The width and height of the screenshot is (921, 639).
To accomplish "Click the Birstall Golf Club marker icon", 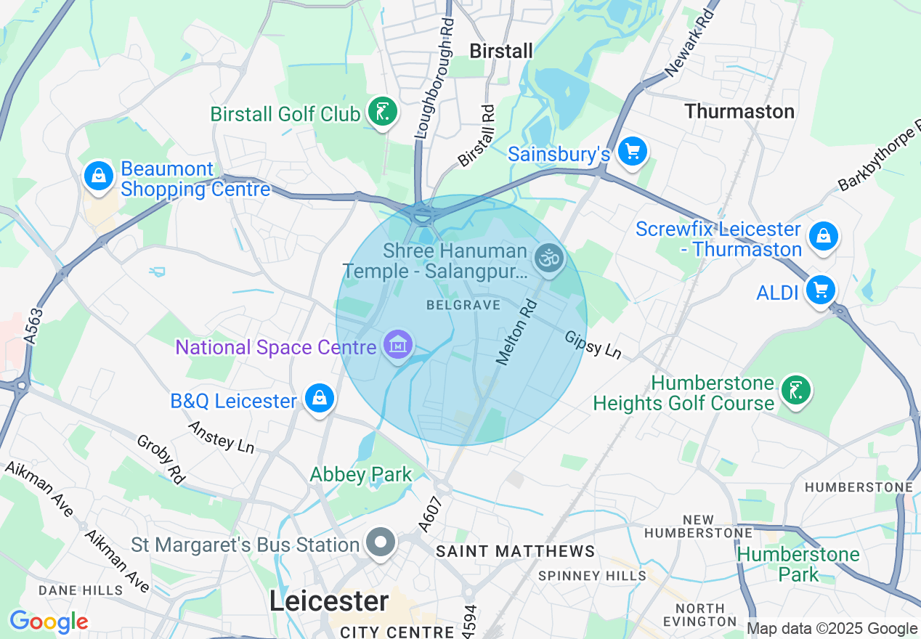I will [x=382, y=112].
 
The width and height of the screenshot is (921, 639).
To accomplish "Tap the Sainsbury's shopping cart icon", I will [x=632, y=152].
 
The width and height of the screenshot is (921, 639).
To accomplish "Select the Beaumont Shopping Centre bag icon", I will [x=97, y=175].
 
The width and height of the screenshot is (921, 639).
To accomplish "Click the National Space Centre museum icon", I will [x=398, y=345].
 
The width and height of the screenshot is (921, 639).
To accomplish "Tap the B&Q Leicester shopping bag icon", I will [x=319, y=398].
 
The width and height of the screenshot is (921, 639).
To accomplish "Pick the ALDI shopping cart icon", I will [x=821, y=290].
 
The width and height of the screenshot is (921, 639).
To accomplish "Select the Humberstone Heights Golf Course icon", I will [x=796, y=390].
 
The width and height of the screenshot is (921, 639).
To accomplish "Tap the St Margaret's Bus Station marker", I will [x=381, y=542].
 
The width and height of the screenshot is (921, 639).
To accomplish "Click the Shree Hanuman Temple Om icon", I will [x=549, y=258].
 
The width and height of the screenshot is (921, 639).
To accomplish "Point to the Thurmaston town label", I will [x=739, y=111].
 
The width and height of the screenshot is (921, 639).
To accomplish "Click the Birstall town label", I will [x=501, y=51].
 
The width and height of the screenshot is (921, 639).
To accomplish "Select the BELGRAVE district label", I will [x=463, y=305].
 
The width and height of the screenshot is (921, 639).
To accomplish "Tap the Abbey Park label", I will [x=361, y=475].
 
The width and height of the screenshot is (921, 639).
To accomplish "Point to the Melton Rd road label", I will [x=516, y=333].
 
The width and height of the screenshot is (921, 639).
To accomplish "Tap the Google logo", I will [x=49, y=622].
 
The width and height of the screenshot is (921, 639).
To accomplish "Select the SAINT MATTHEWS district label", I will [x=516, y=552].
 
